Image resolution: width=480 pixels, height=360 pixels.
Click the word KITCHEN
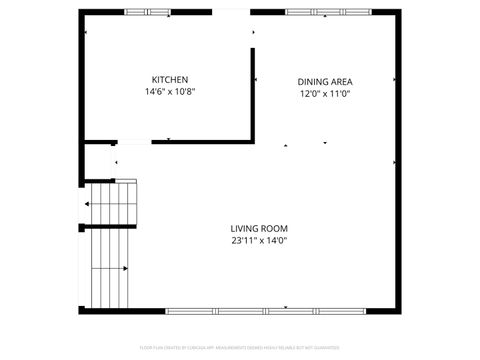169,80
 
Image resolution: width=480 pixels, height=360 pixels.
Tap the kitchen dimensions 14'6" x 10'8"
169,92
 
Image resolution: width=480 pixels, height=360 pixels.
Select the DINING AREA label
325,82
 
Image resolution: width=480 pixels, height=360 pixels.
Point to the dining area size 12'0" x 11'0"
325,94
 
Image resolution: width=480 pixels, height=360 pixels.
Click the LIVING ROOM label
259,228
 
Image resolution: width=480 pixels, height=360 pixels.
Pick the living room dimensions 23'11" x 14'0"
259,240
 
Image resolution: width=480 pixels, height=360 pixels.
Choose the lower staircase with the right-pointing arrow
111,268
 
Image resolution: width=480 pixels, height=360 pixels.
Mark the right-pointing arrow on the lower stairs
125,268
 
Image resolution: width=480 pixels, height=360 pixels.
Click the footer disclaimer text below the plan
239,349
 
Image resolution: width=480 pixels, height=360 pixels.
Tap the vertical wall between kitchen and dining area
252,95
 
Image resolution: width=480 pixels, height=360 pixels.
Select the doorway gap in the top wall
231,12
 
